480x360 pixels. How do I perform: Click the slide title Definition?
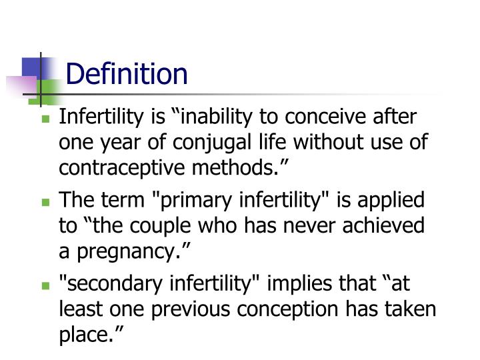pyautogui.click(x=127, y=73)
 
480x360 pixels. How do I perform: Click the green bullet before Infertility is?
pyautogui.click(x=46, y=119)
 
